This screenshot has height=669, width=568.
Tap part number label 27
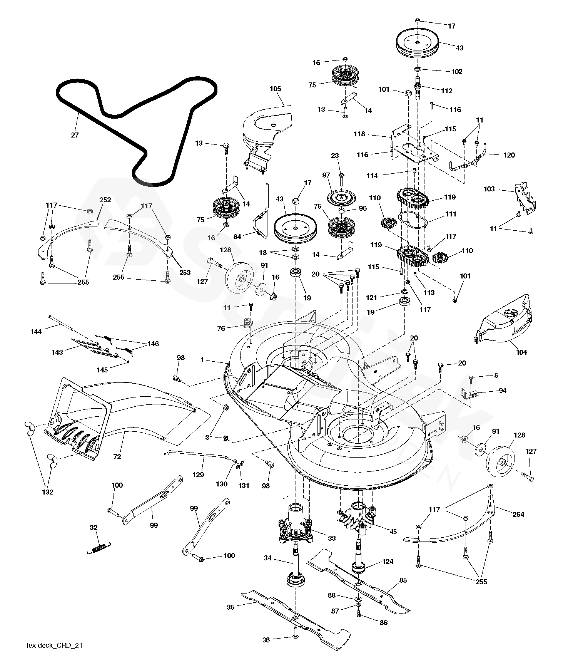(75, 135)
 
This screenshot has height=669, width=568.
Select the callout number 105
(276, 89)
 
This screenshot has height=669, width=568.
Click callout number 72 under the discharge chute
(117, 457)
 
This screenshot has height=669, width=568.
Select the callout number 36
(266, 640)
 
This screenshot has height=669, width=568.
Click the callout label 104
(521, 352)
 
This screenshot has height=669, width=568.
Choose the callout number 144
(36, 331)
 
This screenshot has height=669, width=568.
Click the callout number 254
(518, 515)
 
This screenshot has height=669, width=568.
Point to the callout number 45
(393, 532)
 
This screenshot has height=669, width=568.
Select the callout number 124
(388, 562)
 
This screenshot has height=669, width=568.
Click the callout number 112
(447, 91)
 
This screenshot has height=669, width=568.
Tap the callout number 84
(237, 237)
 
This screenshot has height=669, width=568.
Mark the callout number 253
(185, 272)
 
